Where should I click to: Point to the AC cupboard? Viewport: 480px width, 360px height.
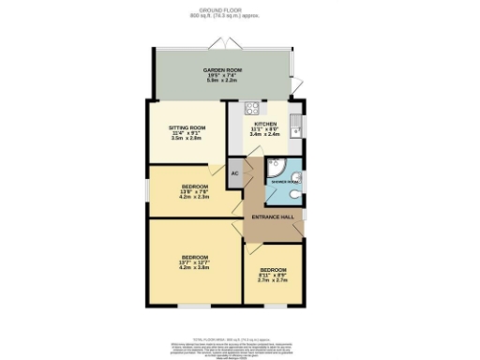[234, 173]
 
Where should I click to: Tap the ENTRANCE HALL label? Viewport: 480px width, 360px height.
[273, 217]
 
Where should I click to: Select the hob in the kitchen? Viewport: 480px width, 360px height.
[251, 108]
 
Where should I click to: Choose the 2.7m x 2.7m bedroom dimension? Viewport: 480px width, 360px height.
[273, 279]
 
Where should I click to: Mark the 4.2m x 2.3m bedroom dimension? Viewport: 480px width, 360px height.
[195, 197]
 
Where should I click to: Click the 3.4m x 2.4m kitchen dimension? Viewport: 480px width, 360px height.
[262, 135]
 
